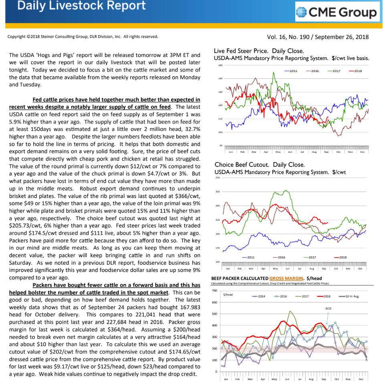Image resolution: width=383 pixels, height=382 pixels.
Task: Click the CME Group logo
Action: [337, 13]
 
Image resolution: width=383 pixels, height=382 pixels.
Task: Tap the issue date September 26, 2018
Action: [342, 37]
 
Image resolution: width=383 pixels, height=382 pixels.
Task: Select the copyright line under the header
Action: [83, 37]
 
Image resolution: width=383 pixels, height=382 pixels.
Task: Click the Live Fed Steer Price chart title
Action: [259, 51]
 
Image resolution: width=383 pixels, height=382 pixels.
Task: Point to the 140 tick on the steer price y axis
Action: [220, 78]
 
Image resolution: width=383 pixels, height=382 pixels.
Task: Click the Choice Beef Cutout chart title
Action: [260, 164]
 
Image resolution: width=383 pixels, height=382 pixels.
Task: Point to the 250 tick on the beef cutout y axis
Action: [218, 192]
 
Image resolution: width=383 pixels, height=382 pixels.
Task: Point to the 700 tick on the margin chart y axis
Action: [214, 290]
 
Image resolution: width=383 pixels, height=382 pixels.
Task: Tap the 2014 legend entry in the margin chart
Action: [260, 296]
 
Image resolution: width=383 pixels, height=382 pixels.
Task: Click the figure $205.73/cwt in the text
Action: [24, 225]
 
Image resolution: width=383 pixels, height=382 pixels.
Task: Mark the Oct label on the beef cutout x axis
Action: [336, 268]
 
